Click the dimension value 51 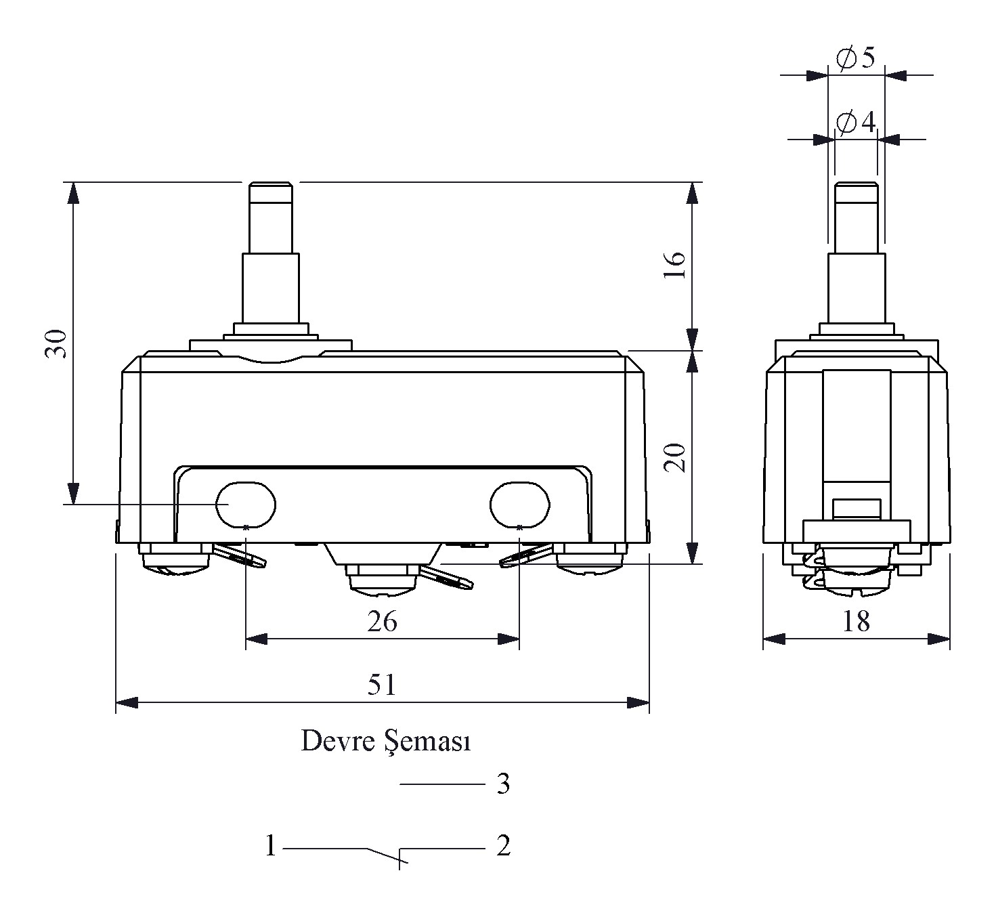pos(382,685)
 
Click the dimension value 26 pos(382,621)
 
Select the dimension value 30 pos(56,343)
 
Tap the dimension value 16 pos(675,265)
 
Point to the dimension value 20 pos(675,458)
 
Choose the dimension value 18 pos(856,621)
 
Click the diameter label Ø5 pos(856,58)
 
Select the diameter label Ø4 pos(856,123)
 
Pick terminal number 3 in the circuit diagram pos(503,784)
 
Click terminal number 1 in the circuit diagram pos(271,846)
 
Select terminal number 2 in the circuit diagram pos(503,846)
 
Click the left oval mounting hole pos(246,505)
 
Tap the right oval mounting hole pos(519,505)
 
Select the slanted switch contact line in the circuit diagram pos(384,855)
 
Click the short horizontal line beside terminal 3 pos(442,784)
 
